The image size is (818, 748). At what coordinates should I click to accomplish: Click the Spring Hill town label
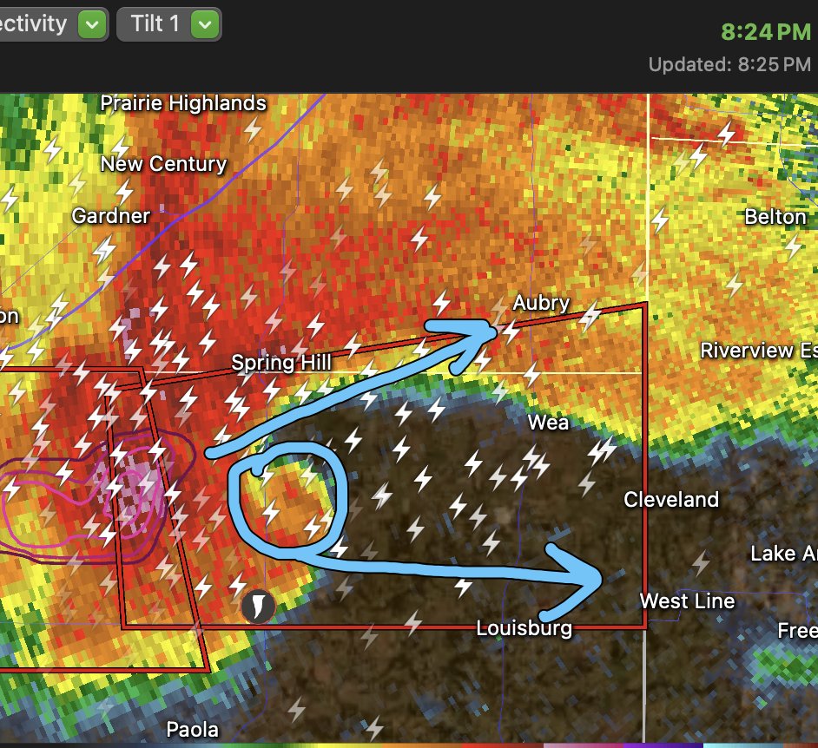point(280,362)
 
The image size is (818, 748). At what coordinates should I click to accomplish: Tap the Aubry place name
point(541,303)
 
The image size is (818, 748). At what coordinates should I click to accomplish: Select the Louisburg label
point(524,627)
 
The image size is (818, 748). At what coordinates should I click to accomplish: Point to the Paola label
point(193,729)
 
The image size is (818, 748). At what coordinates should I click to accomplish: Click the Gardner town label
point(111,215)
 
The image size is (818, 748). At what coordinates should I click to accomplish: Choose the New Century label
point(163,164)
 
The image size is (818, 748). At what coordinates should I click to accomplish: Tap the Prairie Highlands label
point(183,103)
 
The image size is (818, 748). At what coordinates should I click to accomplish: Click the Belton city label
point(775,216)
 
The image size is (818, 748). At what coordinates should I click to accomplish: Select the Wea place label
point(549,423)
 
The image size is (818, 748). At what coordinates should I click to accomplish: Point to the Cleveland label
point(671,500)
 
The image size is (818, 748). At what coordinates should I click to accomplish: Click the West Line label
point(687,600)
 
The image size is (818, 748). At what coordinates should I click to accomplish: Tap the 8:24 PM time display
point(765,32)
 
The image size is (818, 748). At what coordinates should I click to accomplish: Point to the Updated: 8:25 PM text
point(729,65)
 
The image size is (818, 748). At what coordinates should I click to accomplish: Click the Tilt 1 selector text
point(155,23)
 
